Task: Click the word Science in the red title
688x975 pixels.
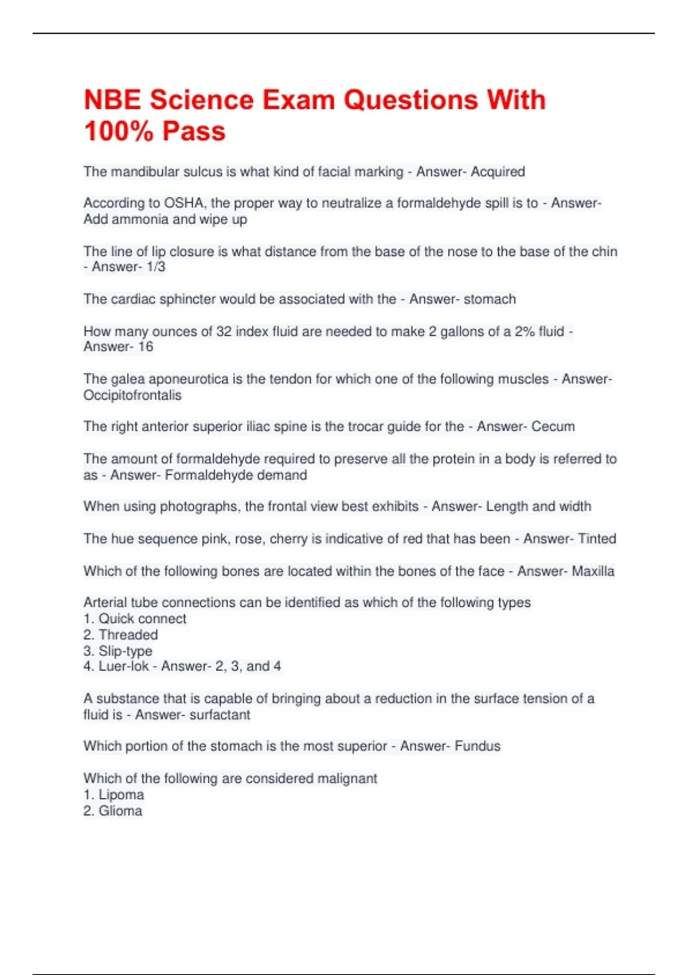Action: (201, 100)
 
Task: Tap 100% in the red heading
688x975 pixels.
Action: (119, 131)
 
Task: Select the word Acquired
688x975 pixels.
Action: (498, 171)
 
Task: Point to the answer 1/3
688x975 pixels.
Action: (156, 267)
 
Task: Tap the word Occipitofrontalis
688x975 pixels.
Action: (132, 395)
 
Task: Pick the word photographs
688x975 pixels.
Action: (198, 506)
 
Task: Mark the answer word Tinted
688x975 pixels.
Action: (597, 539)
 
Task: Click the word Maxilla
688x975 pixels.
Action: (593, 571)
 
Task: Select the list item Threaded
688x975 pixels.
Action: (128, 635)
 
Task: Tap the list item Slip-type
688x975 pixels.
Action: (126, 651)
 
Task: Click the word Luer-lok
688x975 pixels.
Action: (123, 666)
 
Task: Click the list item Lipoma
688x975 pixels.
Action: (121, 795)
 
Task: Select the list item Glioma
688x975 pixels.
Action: (120, 811)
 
